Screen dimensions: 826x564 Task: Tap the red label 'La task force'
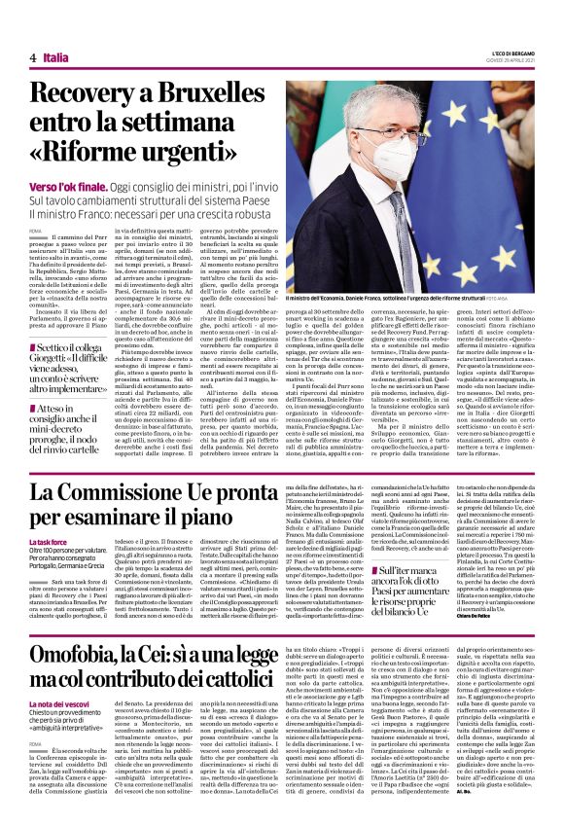[47, 541]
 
